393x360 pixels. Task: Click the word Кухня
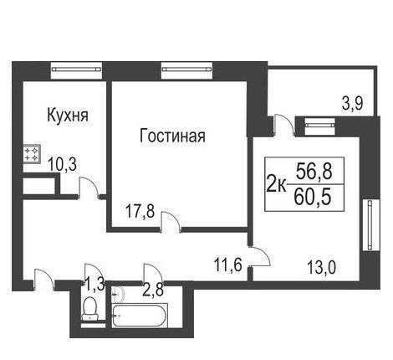point(68,115)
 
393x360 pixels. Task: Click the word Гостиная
point(172,136)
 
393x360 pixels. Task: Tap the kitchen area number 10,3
point(63,164)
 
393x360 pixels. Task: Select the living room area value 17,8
point(140,211)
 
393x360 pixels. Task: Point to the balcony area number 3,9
point(352,104)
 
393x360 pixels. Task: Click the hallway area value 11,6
point(227,265)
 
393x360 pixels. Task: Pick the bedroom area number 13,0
point(322,267)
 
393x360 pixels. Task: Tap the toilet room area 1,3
point(94,285)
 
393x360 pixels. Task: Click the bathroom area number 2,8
point(153,290)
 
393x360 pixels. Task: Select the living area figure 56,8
point(314,171)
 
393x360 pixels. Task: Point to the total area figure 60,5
point(313,196)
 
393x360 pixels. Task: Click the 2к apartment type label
point(276,184)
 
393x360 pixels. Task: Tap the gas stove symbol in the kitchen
point(31,154)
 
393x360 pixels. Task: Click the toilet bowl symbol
point(89,309)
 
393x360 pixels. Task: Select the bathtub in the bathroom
point(140,316)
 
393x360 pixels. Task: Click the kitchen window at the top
point(76,69)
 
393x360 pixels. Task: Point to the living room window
point(186,69)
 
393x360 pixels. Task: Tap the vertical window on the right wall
point(370,225)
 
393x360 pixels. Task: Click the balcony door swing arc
point(288,122)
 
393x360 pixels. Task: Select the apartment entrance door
point(43,279)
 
